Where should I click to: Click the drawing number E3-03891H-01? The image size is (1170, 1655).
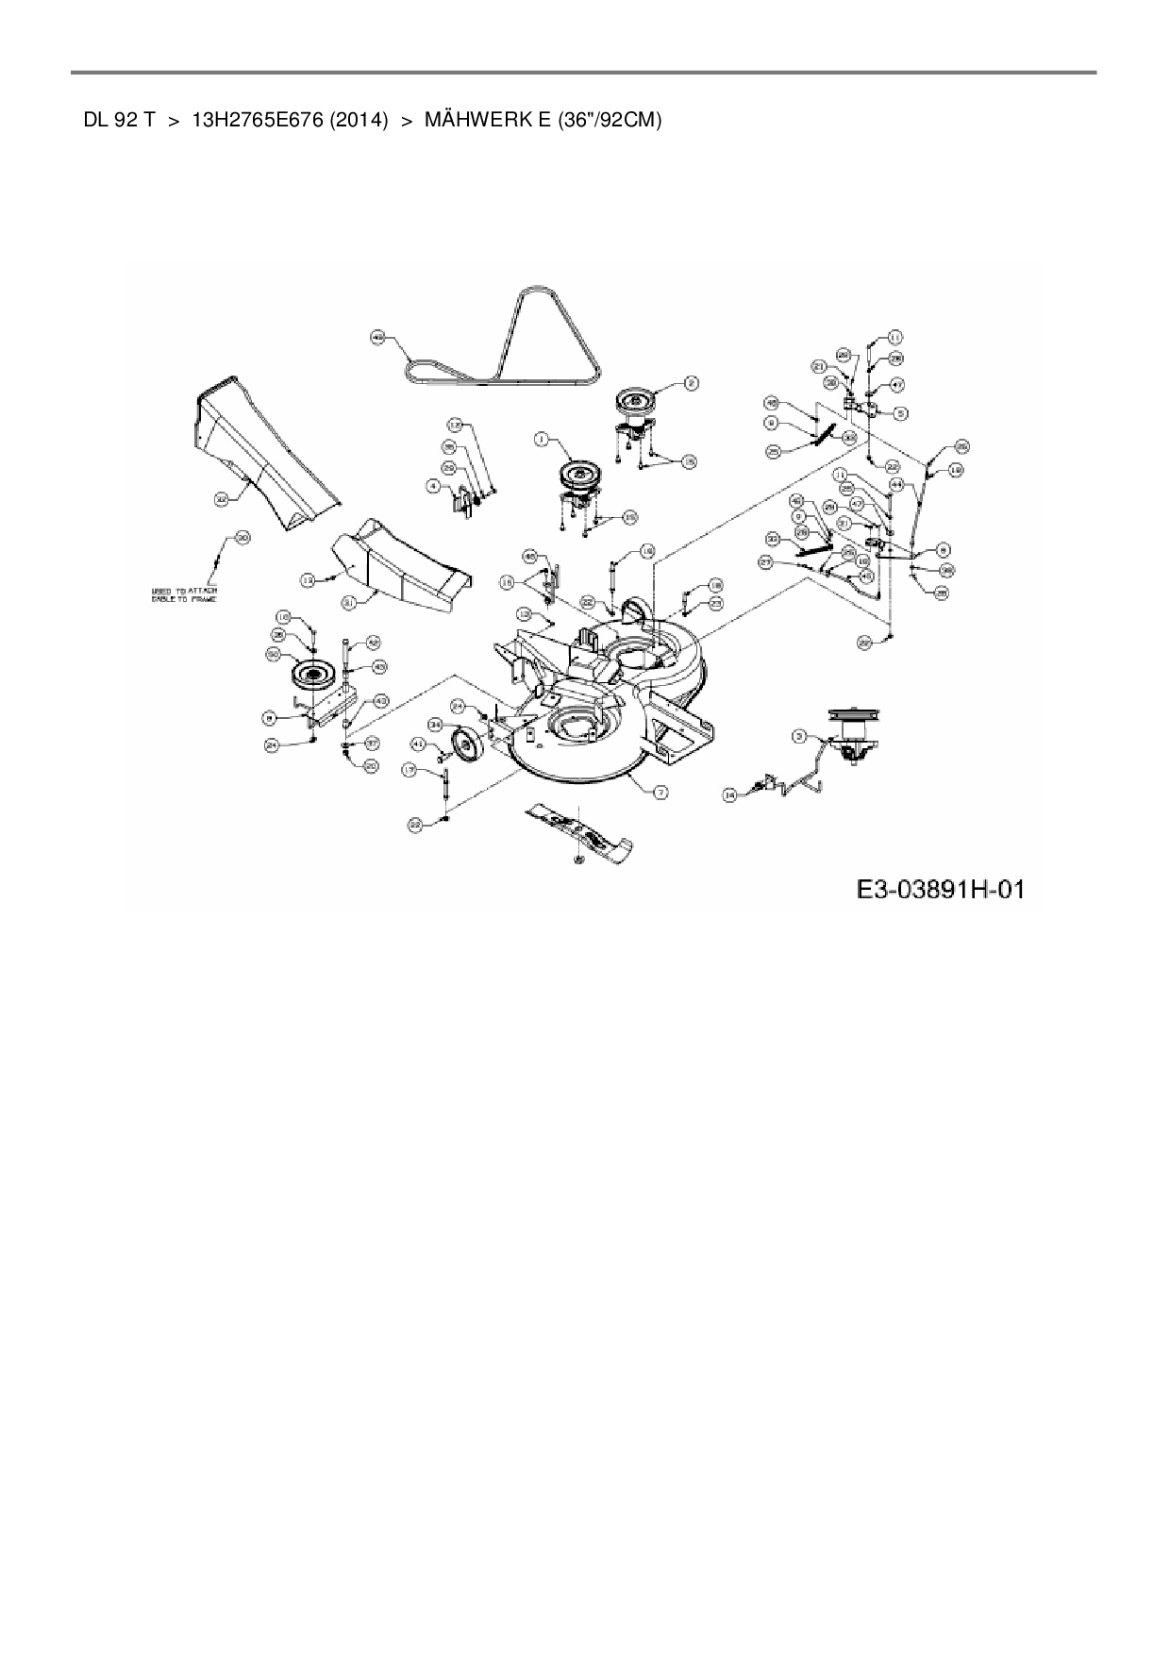[940, 890]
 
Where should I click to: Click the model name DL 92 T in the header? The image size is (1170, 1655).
[119, 121]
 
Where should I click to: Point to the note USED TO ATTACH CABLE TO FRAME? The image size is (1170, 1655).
[185, 594]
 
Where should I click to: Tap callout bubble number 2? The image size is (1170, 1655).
[691, 383]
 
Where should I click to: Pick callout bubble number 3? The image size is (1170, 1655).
[800, 737]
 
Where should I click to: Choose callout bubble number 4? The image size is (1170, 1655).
[433, 485]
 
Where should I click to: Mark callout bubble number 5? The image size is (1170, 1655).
[900, 412]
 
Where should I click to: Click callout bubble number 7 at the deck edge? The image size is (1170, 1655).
[661, 793]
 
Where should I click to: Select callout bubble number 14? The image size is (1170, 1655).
[729, 795]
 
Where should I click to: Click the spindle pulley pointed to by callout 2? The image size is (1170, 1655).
[634, 402]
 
